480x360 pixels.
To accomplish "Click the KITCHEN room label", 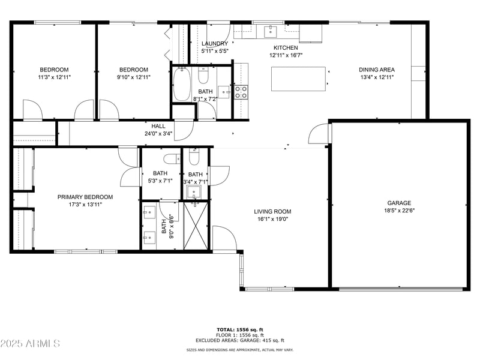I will (x=286, y=47).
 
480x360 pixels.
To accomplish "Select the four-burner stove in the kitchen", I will (x=241, y=92).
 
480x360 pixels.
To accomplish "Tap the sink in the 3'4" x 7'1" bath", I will (x=193, y=193).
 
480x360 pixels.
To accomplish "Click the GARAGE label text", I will (x=398, y=203).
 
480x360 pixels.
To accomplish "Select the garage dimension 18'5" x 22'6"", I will (x=398, y=211).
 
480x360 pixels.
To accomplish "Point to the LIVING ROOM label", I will (x=272, y=211).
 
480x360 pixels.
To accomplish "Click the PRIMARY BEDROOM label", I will (x=85, y=197).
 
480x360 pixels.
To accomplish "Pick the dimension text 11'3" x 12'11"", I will (x=54, y=77).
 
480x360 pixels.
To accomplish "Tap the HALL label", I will (x=158, y=126).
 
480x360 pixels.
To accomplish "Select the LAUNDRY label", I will (x=215, y=44).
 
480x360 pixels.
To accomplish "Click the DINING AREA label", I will (x=377, y=70).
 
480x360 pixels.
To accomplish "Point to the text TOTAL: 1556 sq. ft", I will (x=239, y=329).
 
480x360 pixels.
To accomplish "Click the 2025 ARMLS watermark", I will (x=30, y=344).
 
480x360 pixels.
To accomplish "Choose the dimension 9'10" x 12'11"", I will (x=133, y=77).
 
